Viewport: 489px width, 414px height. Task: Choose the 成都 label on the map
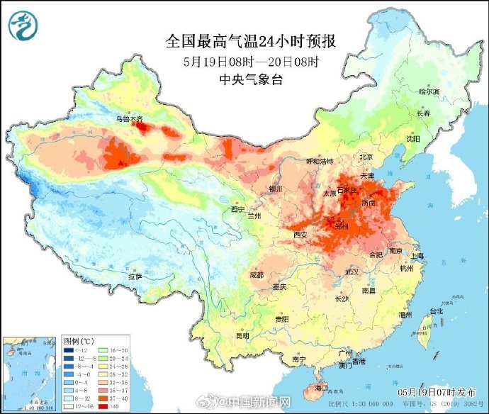point(257,274)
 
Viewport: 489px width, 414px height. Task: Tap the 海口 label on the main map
point(322,388)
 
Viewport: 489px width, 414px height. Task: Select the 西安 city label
point(300,235)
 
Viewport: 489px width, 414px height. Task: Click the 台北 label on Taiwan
point(436,310)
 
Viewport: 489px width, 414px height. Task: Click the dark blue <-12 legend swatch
point(69,350)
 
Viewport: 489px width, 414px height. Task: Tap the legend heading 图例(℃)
point(79,341)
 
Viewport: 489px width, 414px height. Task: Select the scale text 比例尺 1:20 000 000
point(375,402)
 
